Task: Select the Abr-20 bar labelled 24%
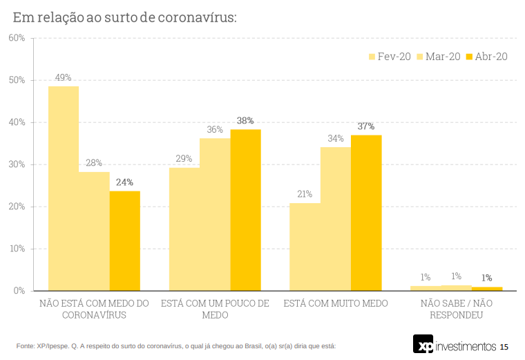(x=124, y=240)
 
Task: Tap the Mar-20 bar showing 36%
(x=215, y=214)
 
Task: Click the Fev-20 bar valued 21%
(x=305, y=247)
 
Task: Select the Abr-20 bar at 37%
(x=366, y=213)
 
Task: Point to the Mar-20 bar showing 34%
(x=336, y=218)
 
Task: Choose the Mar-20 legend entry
(x=439, y=57)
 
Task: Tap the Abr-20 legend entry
(x=487, y=57)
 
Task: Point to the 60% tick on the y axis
(x=17, y=38)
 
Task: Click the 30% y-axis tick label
(x=17, y=164)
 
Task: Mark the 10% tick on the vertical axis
(x=17, y=249)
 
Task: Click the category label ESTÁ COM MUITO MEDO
(x=336, y=303)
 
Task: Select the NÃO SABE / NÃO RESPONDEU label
(x=457, y=309)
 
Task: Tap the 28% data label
(x=94, y=163)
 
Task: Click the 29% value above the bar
(x=184, y=159)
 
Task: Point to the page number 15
(x=504, y=346)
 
